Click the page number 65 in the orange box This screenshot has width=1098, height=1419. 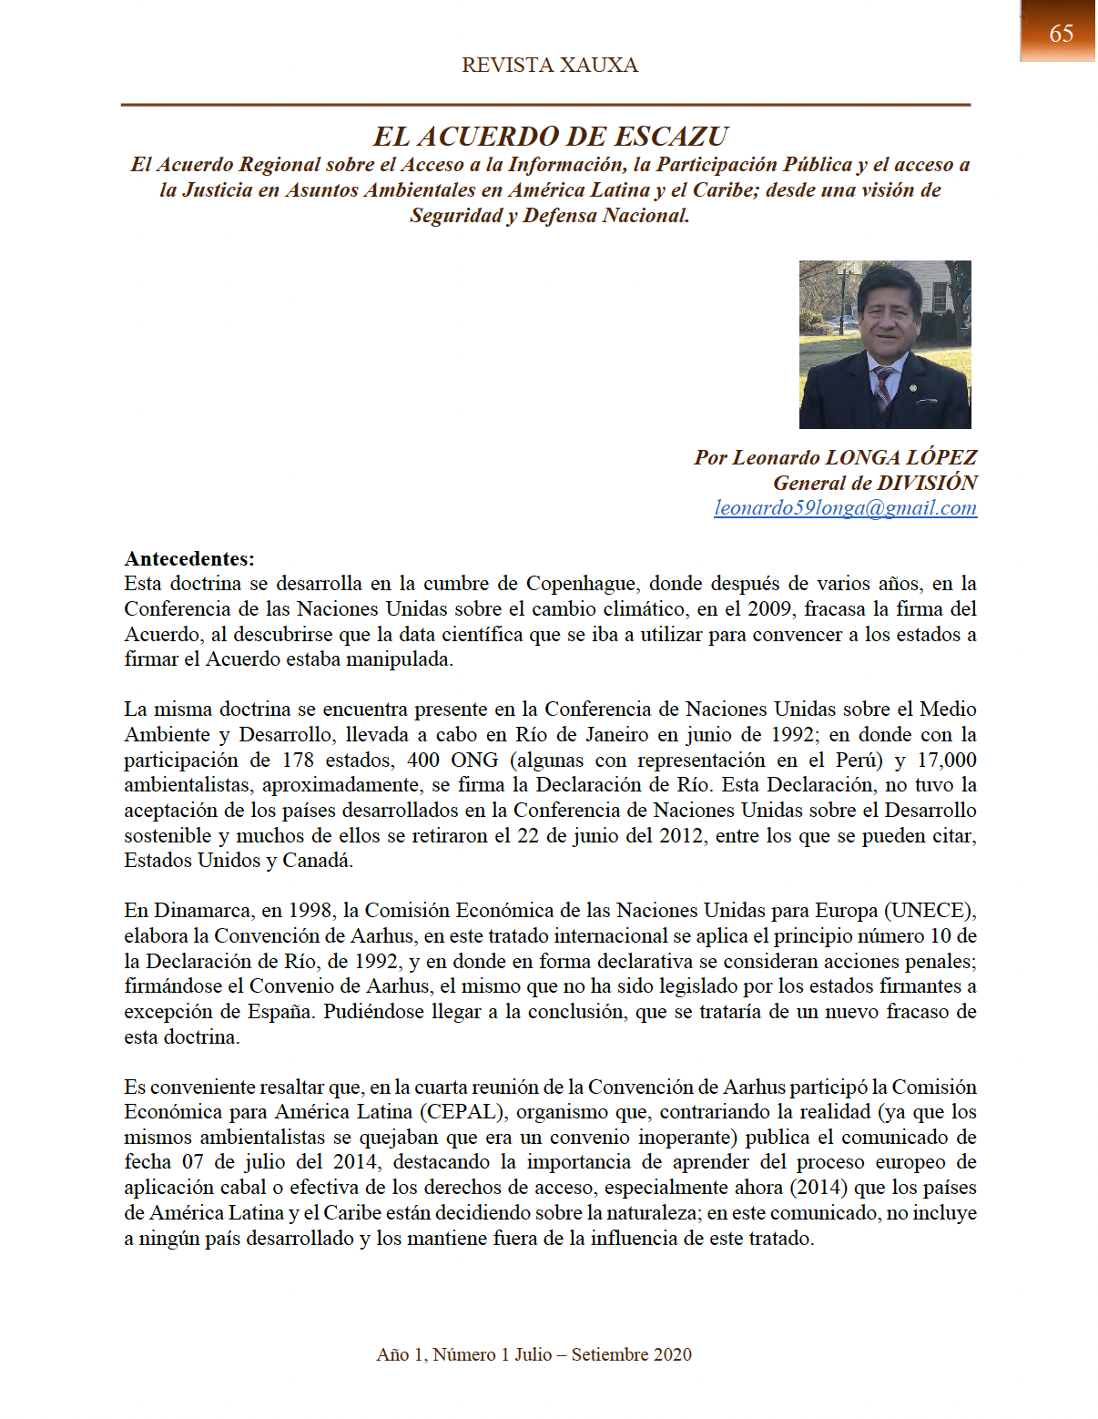click(1061, 34)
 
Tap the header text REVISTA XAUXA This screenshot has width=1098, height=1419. click(549, 66)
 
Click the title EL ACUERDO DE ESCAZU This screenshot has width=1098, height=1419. click(550, 137)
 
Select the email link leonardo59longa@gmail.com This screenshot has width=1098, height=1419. click(845, 508)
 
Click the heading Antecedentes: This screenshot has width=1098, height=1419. click(189, 558)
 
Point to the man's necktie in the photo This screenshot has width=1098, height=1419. click(882, 386)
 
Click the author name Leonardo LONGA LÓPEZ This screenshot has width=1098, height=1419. click(854, 457)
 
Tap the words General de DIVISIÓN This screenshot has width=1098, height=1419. click(875, 483)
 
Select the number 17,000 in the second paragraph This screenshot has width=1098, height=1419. click(946, 760)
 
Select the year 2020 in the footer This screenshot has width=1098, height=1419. click(672, 1354)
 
